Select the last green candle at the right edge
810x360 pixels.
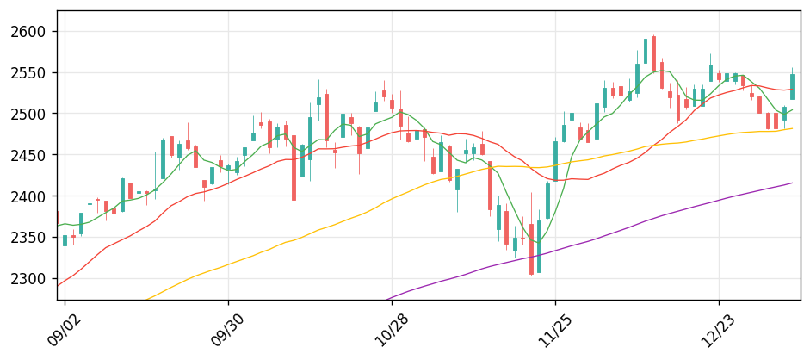pyautogui.click(x=793, y=86)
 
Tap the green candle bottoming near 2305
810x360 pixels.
pyautogui.click(x=540, y=246)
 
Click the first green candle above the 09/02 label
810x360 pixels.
pyautogui.click(x=65, y=240)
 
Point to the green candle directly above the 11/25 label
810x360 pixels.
pyautogui.click(x=556, y=160)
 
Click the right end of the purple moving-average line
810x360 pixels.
pyautogui.click(x=793, y=183)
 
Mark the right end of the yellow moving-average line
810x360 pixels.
pyautogui.click(x=793, y=128)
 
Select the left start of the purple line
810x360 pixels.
pyautogui.click(x=386, y=300)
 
